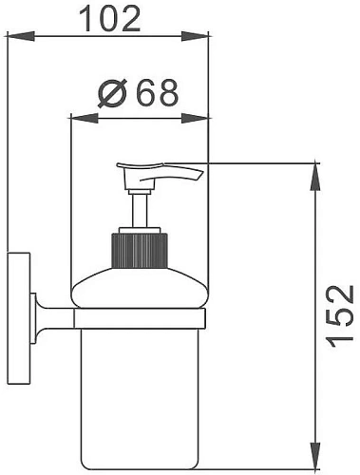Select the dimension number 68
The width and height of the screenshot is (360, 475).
point(157,93)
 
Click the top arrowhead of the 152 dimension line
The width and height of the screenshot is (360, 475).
point(314,171)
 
